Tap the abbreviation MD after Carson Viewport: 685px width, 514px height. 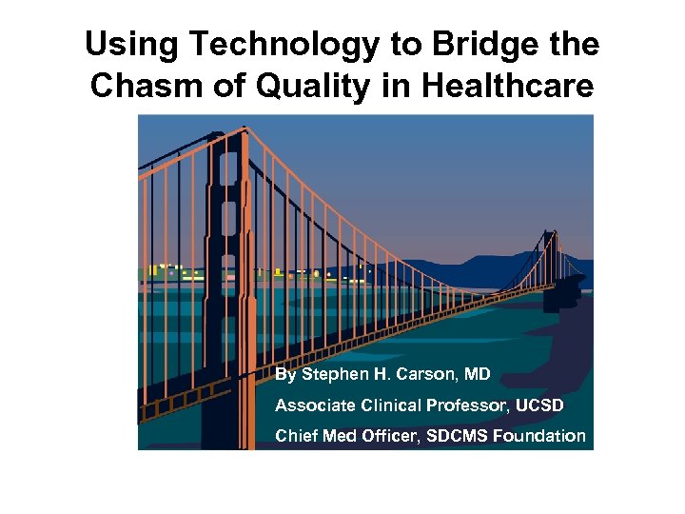point(476,374)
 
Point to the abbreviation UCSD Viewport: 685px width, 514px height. point(540,405)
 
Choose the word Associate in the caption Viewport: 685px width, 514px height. point(313,405)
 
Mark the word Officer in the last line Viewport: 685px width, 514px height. point(381,436)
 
